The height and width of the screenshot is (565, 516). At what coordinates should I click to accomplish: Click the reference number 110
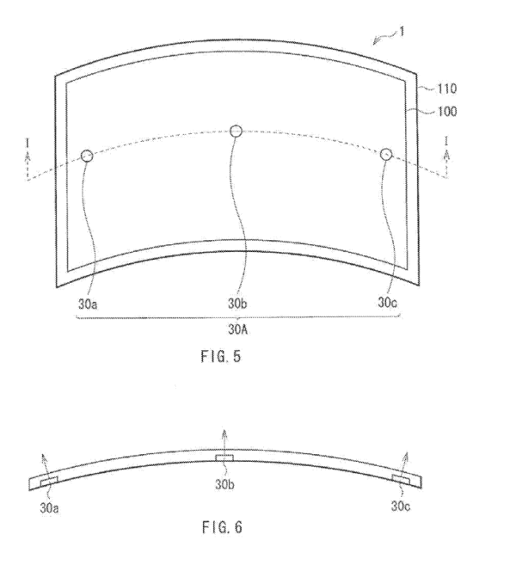coord(447,89)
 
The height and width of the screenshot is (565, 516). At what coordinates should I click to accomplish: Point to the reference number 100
coord(447,111)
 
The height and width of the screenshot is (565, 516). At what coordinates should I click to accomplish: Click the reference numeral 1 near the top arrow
coord(402,32)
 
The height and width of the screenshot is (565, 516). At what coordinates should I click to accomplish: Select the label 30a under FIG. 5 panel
coord(88,304)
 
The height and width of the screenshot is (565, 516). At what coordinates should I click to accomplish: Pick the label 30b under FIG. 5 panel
coord(237,304)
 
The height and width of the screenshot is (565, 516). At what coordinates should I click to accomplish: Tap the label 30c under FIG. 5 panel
coord(387,303)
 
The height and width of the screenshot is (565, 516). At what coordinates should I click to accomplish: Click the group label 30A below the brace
coord(238,329)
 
